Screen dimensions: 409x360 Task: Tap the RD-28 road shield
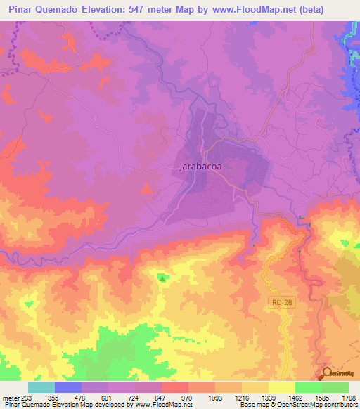click(x=278, y=302)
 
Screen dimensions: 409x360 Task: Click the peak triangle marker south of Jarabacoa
click(x=163, y=279)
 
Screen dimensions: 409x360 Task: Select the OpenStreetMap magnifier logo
click(x=326, y=375)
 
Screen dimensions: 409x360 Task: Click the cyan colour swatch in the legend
click(x=41, y=387)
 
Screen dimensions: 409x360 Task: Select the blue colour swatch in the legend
click(x=68, y=387)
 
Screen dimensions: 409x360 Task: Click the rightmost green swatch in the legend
click(x=335, y=387)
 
